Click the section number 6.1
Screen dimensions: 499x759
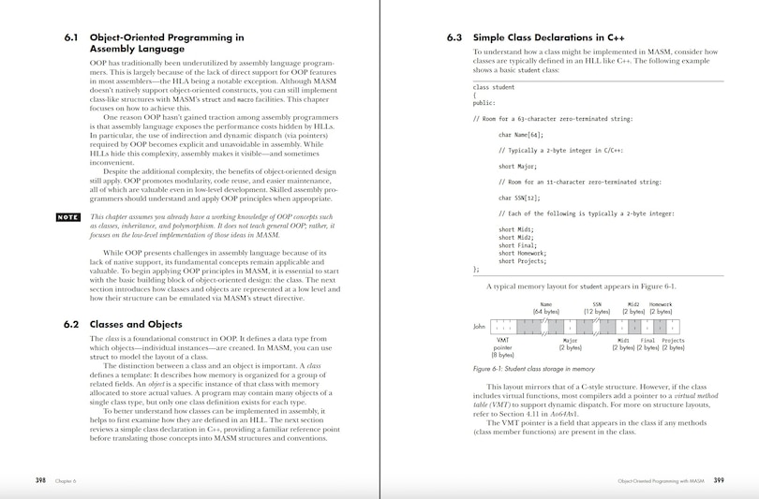click(71, 38)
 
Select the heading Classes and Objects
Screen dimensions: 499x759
click(135, 324)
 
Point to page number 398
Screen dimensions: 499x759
click(40, 480)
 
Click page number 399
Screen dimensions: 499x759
click(719, 480)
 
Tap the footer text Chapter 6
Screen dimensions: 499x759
click(65, 480)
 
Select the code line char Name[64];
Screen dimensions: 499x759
click(522, 134)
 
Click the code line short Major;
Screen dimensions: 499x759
click(517, 166)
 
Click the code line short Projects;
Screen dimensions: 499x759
click(523, 260)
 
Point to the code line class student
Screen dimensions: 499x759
click(494, 87)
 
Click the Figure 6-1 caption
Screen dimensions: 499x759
click(534, 369)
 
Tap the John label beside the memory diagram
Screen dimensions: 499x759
click(479, 327)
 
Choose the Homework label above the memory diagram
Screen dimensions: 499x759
click(661, 304)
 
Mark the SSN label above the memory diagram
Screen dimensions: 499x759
click(597, 304)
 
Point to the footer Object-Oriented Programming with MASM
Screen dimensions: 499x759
click(661, 480)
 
